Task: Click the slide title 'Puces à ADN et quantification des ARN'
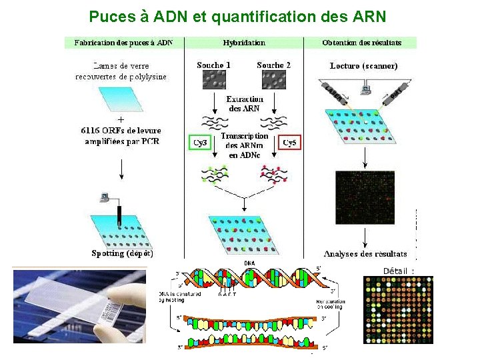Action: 237,15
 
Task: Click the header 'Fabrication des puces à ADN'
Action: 123,43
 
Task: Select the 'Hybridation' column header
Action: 244,43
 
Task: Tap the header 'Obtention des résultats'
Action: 361,43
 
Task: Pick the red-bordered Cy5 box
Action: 290,143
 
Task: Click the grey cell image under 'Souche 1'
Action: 214,81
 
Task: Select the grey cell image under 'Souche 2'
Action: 274,81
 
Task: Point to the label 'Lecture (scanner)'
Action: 363,66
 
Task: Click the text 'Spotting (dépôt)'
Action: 123,253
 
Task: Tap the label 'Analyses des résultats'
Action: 365,254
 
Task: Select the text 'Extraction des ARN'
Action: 245,103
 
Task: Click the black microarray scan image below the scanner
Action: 365,197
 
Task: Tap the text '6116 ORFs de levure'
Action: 121,130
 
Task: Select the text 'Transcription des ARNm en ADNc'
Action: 245,145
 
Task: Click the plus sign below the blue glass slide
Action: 120,120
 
